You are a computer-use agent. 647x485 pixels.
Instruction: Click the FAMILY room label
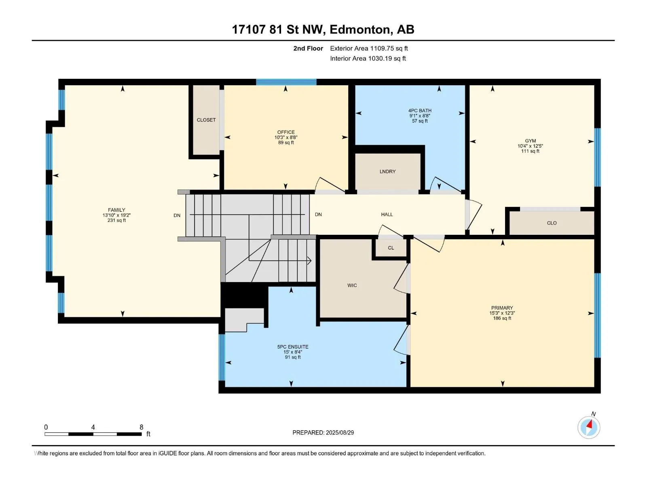[x=116, y=210]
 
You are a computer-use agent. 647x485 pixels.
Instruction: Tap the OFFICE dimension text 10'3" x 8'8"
[x=286, y=137]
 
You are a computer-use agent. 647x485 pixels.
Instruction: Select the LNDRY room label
[x=387, y=171]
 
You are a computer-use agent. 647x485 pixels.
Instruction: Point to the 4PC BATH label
[x=420, y=111]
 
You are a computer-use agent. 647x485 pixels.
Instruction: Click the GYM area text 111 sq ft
[x=530, y=151]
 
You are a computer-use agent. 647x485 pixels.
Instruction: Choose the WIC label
[x=352, y=285]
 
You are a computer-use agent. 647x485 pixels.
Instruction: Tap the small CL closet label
[x=391, y=248]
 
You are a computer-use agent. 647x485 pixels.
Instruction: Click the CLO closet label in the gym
[x=552, y=223]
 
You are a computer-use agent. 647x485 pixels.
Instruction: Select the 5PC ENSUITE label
[x=293, y=347]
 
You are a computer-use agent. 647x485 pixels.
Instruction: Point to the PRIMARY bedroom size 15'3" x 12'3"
[x=502, y=313]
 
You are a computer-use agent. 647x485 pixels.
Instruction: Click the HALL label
[x=387, y=215]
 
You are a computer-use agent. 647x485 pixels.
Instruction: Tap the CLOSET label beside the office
[x=206, y=120]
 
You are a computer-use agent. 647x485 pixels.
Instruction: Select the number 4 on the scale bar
[x=93, y=427]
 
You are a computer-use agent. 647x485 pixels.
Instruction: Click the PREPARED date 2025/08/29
[x=340, y=432]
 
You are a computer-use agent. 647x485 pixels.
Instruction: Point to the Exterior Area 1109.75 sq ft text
[x=369, y=48]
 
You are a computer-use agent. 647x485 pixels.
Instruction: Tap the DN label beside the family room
[x=177, y=215]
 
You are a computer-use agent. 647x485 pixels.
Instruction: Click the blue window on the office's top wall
[x=286, y=82]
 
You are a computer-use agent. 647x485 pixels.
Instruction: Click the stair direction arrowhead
[x=309, y=261]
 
